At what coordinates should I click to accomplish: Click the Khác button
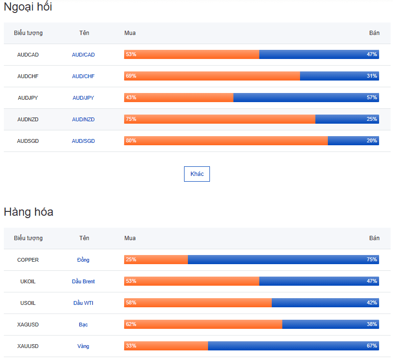click(197, 174)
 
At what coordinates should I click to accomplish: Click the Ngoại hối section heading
click(28, 7)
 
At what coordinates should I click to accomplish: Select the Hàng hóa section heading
click(28, 212)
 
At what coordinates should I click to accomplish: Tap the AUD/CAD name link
click(83, 55)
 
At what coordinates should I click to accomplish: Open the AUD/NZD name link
click(83, 119)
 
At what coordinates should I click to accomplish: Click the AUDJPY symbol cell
click(28, 98)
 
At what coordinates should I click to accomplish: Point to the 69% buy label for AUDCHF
click(131, 76)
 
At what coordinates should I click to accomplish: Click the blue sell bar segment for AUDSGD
click(353, 140)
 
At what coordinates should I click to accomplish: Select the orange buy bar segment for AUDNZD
click(220, 119)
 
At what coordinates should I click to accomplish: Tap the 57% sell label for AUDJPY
click(372, 97)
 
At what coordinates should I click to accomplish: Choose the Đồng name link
click(83, 260)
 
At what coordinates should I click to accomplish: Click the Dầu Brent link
click(83, 281)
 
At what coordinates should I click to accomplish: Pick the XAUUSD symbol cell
click(28, 346)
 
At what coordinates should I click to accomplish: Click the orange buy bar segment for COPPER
click(156, 259)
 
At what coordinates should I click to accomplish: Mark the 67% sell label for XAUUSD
click(372, 346)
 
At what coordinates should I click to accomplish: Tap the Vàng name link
click(83, 346)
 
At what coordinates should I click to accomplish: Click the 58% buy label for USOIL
click(131, 302)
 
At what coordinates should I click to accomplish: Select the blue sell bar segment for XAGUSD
click(331, 324)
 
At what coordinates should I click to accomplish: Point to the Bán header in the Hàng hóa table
click(374, 238)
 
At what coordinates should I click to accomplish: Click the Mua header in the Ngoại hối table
click(130, 33)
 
